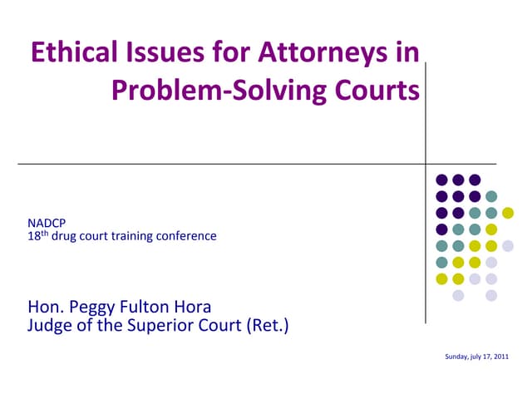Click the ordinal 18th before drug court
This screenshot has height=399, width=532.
[37, 236]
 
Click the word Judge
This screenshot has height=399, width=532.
[52, 325]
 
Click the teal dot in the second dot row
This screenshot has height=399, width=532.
[491, 196]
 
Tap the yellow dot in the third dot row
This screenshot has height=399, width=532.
[508, 213]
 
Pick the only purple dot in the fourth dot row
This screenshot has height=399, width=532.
[441, 229]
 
